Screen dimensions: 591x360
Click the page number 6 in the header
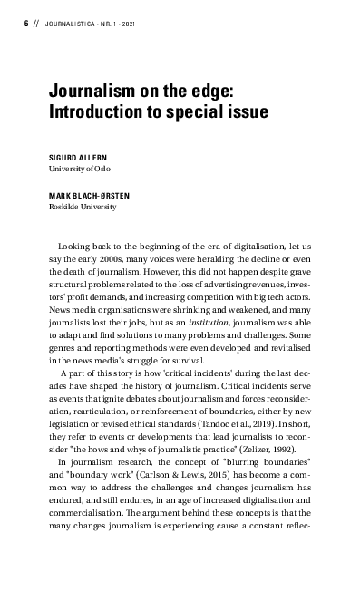point(25,23)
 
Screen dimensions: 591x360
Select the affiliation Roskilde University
point(83,207)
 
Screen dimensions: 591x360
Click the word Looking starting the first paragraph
point(74,245)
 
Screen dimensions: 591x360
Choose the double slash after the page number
point(35,23)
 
